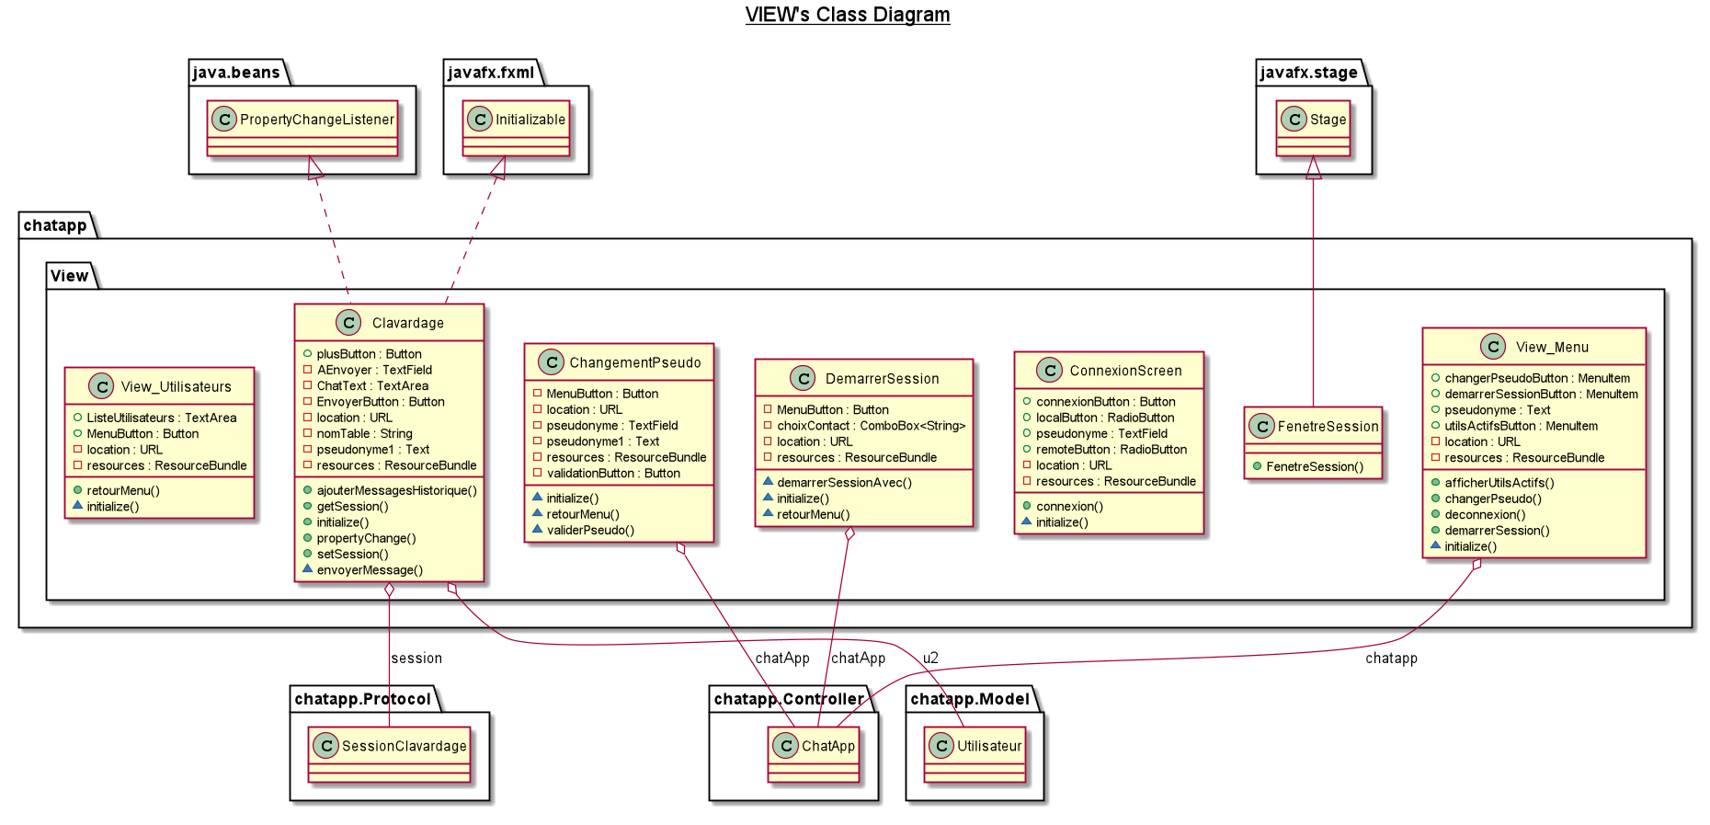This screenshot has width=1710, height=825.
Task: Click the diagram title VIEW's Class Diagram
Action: (847, 15)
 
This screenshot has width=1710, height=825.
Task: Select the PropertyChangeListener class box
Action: (302, 128)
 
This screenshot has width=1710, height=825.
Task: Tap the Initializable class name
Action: (530, 120)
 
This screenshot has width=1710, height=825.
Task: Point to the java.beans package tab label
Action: (236, 73)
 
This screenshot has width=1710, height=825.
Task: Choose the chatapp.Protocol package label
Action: (362, 699)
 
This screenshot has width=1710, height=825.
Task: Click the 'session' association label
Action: (416, 659)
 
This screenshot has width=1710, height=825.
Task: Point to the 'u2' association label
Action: (930, 659)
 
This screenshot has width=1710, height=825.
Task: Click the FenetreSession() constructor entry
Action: (1315, 466)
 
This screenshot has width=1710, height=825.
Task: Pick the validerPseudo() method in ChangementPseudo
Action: (590, 530)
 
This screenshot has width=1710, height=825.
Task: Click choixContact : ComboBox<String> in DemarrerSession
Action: (871, 426)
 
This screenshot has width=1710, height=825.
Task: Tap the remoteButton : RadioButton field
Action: (1111, 450)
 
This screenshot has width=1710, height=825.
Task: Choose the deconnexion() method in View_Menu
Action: (1485, 514)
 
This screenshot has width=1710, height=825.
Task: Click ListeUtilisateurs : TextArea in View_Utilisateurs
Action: (161, 418)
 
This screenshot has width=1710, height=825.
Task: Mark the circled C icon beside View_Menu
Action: (1493, 347)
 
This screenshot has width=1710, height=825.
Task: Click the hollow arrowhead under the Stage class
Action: (1314, 167)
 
